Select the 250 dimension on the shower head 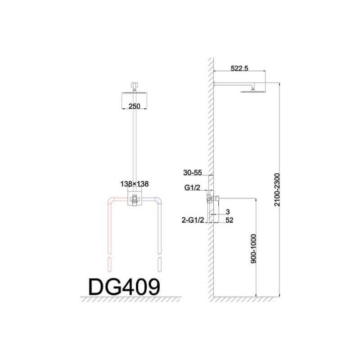[134, 106]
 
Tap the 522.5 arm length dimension [239, 68]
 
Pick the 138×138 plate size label [134, 184]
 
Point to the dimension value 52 [230, 220]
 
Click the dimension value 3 [228, 211]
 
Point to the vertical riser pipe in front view [134, 144]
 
